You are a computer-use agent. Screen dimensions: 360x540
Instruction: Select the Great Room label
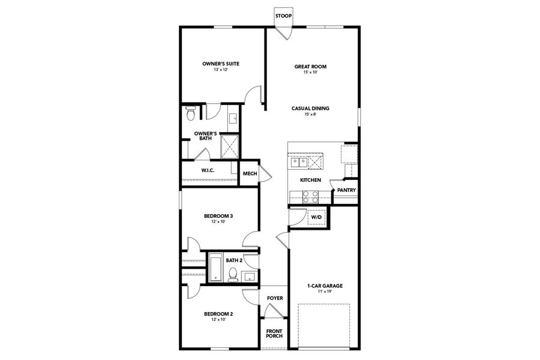click(310, 67)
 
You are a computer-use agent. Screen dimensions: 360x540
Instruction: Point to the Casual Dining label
click(310, 108)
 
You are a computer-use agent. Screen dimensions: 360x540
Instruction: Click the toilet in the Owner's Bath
click(190, 112)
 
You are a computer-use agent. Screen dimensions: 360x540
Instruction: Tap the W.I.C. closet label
click(208, 170)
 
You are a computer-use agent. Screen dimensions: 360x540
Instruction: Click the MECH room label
click(250, 174)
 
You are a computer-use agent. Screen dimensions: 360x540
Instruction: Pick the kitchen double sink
click(298, 162)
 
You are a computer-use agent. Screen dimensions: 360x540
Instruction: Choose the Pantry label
click(346, 190)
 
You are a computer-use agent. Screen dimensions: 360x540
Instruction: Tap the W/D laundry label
click(316, 217)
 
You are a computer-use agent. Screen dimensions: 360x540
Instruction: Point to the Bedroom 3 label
click(218, 216)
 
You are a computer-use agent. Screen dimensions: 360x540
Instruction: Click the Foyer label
click(275, 298)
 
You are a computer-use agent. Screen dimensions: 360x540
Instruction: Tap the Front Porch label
click(274, 334)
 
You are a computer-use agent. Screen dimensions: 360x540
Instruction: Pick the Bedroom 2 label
click(218, 314)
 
